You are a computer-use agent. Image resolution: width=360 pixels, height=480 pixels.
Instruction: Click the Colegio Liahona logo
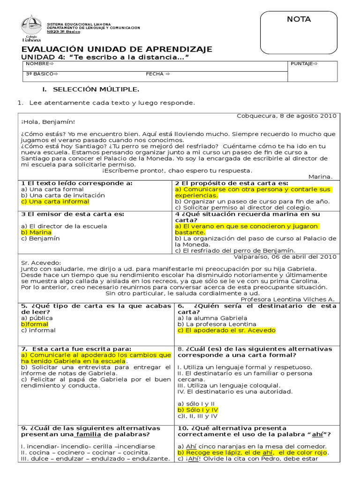point(31,29)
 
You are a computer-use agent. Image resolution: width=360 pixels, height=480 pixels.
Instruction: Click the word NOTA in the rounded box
point(299,19)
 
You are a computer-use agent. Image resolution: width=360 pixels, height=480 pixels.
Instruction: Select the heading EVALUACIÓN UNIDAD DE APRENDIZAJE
point(117,49)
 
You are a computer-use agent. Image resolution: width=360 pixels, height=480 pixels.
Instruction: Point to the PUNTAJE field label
point(304,63)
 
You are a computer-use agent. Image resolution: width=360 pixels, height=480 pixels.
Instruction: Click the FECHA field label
point(157,74)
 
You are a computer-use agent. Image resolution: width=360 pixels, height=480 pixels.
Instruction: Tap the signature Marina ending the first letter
point(320,176)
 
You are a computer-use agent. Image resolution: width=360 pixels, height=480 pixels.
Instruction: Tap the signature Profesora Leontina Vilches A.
point(287,299)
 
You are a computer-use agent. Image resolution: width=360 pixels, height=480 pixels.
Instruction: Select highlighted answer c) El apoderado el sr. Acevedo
point(226,330)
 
